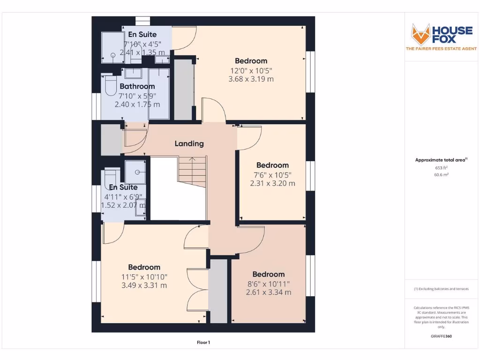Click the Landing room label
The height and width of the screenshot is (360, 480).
(x=189, y=143)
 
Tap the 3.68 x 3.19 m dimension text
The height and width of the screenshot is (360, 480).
(x=251, y=79)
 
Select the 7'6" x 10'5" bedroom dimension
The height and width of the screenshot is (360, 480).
(x=272, y=175)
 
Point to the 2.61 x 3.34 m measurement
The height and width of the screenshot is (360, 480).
(x=269, y=292)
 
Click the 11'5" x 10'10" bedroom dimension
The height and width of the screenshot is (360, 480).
(x=144, y=277)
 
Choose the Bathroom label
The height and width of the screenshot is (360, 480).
(x=137, y=86)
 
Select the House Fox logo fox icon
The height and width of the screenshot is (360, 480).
(x=420, y=34)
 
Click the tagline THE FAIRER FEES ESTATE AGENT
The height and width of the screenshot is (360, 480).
(x=441, y=49)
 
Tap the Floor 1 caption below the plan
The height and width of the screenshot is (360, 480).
(x=203, y=343)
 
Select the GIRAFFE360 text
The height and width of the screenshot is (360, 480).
(x=441, y=336)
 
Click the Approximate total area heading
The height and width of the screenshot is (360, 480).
(x=440, y=160)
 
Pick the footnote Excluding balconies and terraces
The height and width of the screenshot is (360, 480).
(x=441, y=289)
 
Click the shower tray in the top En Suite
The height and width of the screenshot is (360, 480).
(x=112, y=48)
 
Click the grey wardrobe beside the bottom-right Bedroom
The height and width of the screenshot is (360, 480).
(x=218, y=291)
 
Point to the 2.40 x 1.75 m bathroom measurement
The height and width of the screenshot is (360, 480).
(x=137, y=104)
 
